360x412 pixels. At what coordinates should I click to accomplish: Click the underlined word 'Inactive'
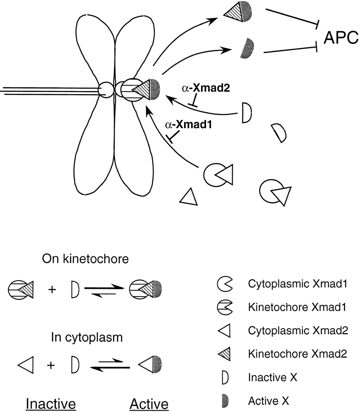(50, 404)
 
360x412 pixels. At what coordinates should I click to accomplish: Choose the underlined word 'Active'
(149, 404)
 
